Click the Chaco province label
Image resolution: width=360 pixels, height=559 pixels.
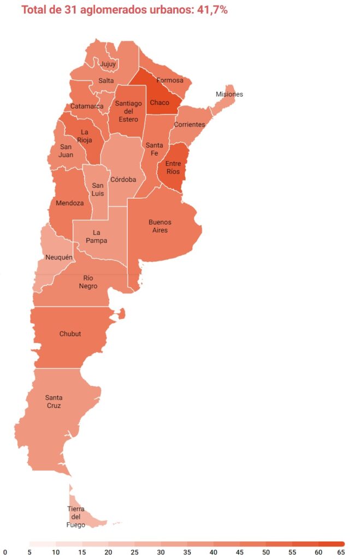pos(160,103)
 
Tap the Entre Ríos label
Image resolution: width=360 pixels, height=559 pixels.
pos(173,168)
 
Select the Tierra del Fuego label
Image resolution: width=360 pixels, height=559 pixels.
pos(76,517)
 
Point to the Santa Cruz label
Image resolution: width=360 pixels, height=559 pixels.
pos(54,401)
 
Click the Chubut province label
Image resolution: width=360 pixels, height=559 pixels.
pos(70,334)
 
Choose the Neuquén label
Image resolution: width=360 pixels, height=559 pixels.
pos(59,257)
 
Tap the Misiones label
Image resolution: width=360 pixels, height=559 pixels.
pos(229,94)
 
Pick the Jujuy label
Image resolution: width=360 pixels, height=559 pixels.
pos(108,64)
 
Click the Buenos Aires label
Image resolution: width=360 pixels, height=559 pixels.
pos(160,226)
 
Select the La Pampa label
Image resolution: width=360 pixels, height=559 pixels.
pos(100,236)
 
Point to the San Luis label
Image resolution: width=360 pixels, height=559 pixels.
pos(98,189)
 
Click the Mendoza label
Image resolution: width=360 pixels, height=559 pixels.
pos(70,203)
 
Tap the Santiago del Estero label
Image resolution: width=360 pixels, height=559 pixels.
pos(128,111)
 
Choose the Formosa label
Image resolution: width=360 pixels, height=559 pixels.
pos(170,80)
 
